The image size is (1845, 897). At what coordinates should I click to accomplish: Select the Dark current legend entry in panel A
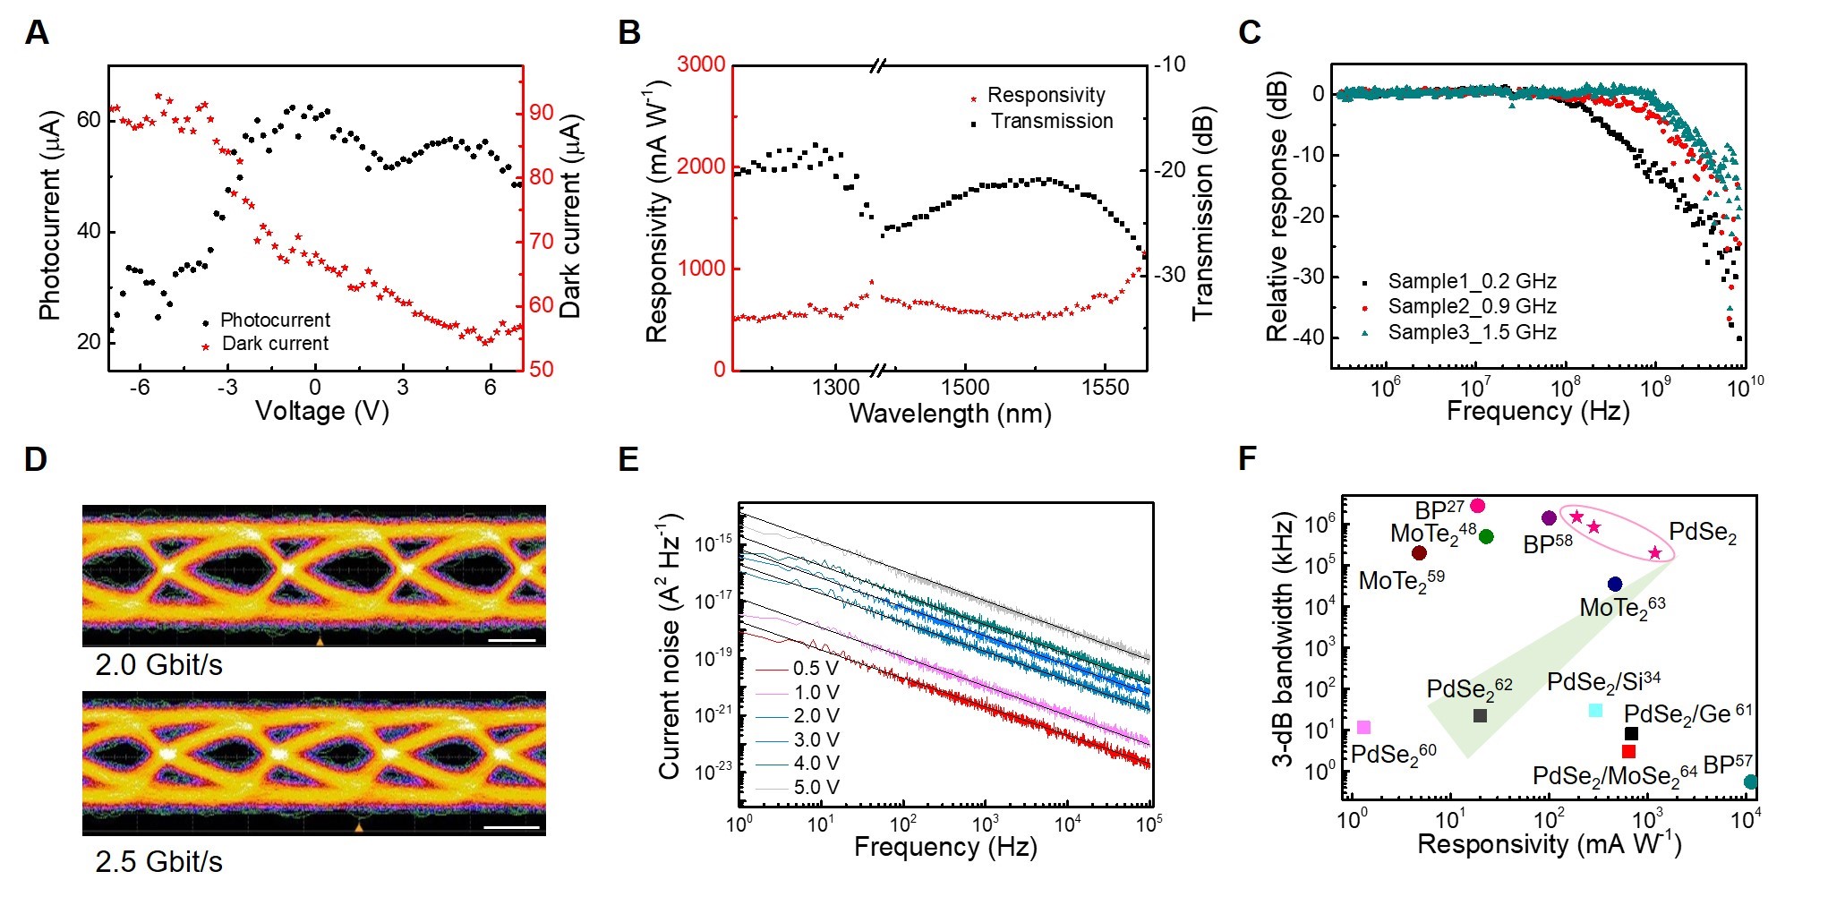click(x=274, y=344)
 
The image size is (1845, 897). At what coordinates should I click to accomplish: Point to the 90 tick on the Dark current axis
click(x=542, y=113)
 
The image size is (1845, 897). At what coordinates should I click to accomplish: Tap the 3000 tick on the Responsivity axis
click(x=701, y=64)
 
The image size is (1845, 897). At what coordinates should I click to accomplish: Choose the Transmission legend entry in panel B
click(x=1051, y=121)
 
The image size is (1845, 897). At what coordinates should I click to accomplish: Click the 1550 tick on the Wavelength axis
click(x=1105, y=387)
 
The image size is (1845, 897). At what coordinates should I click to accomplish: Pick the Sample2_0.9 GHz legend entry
click(x=1471, y=306)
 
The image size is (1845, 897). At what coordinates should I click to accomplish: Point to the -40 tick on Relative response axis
click(x=1305, y=337)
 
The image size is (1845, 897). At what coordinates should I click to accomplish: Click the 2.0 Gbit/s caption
click(x=158, y=665)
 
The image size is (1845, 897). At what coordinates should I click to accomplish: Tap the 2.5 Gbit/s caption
click(x=158, y=861)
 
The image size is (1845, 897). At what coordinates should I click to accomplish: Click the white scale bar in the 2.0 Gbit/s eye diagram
click(x=512, y=640)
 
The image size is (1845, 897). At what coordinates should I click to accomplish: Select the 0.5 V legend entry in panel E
click(x=816, y=669)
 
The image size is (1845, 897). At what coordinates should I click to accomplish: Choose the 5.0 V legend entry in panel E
click(x=816, y=788)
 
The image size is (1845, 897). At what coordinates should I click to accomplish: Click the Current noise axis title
click(x=671, y=646)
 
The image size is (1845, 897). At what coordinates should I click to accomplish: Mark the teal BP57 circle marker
click(x=1750, y=782)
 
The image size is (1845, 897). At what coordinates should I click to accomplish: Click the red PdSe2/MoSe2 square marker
click(x=1628, y=752)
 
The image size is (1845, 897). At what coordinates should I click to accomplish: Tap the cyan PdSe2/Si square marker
click(x=1595, y=710)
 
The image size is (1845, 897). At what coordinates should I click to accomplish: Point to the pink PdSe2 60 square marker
click(x=1363, y=728)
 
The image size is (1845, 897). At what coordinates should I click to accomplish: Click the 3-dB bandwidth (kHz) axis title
click(x=1284, y=639)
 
